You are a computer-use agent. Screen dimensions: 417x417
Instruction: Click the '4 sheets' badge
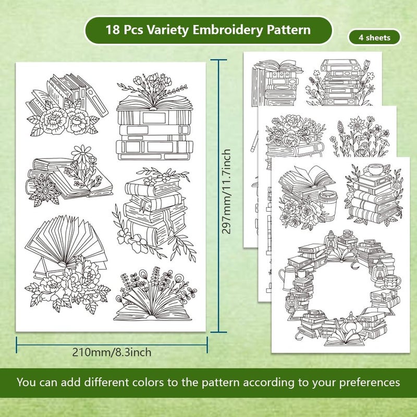[374, 38]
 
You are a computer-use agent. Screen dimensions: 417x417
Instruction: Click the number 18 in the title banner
[113, 29]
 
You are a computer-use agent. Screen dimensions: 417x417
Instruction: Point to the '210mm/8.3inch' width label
[112, 352]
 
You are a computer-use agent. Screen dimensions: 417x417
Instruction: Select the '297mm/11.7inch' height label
[226, 191]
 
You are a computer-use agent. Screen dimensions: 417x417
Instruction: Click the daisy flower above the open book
[81, 154]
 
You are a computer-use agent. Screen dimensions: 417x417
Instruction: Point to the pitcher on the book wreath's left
[286, 278]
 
